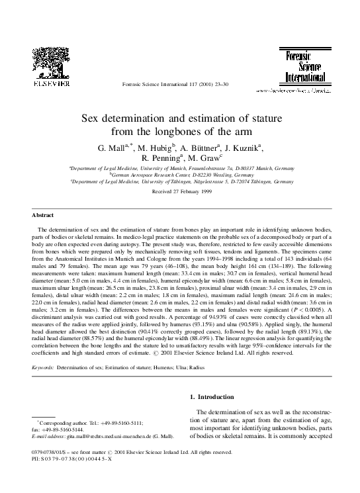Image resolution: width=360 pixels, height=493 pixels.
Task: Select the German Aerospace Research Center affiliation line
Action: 180,175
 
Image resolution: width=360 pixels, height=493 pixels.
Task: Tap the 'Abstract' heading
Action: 43,216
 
